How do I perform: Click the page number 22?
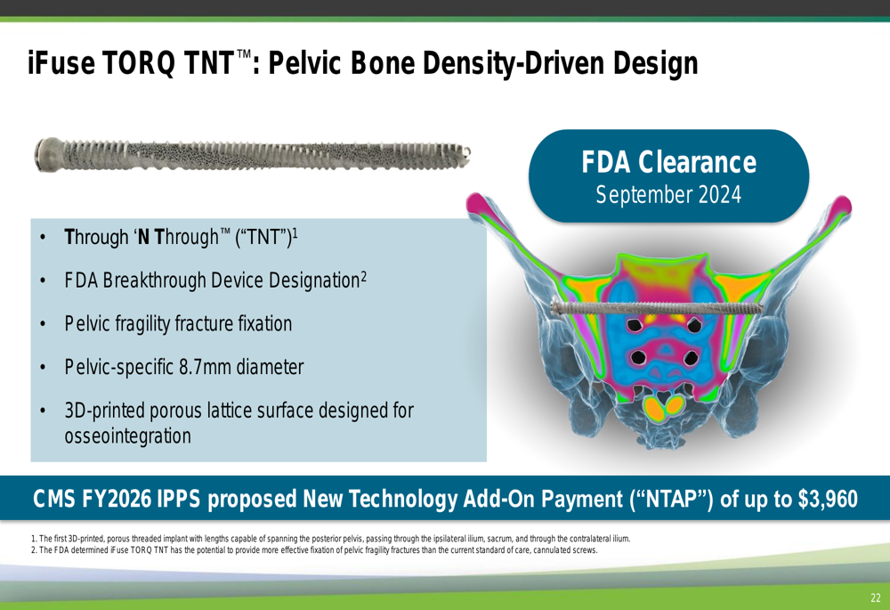(875, 598)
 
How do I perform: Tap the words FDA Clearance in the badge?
(668, 162)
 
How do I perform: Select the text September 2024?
(668, 195)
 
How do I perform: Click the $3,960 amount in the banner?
(828, 499)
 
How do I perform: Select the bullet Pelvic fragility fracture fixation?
(178, 324)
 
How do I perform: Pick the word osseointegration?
(127, 436)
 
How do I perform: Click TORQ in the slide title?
(139, 63)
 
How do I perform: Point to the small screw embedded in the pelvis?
(658, 308)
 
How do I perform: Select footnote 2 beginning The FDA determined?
(314, 550)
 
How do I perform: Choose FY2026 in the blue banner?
(117, 499)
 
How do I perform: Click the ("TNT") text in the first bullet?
(265, 238)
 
